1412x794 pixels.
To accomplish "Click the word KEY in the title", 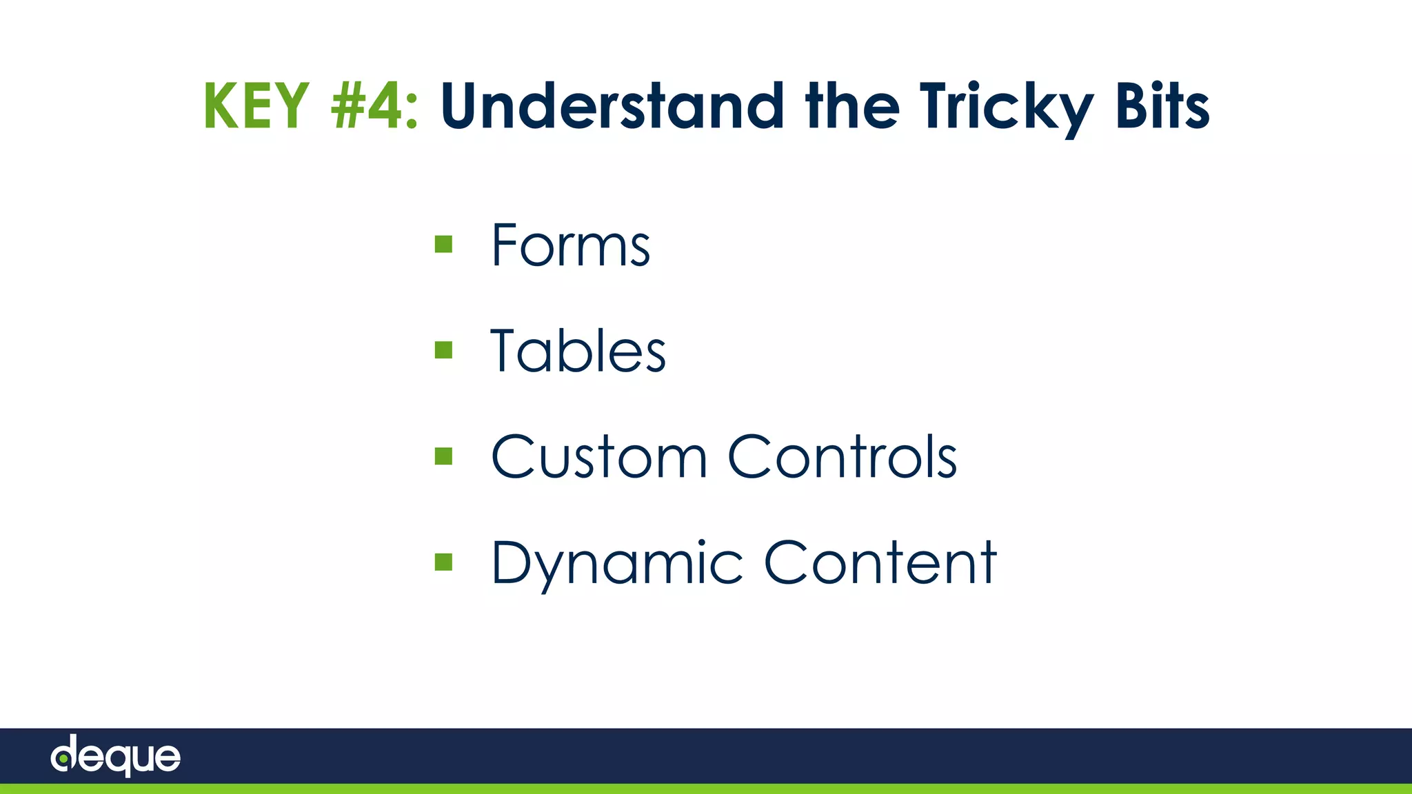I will (256, 106).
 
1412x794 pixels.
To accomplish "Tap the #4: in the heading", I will (374, 106).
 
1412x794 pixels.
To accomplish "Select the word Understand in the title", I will (612, 106).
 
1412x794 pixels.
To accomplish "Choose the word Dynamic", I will (616, 564).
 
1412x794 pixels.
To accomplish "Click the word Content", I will (880, 562).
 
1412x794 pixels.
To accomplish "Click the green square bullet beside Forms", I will (443, 244).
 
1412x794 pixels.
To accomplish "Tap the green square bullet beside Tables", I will (443, 350).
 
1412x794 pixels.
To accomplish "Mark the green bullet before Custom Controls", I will (443, 456).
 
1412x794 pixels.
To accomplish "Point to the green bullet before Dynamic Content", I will (443, 562).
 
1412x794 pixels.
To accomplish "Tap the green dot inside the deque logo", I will (63, 759).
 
